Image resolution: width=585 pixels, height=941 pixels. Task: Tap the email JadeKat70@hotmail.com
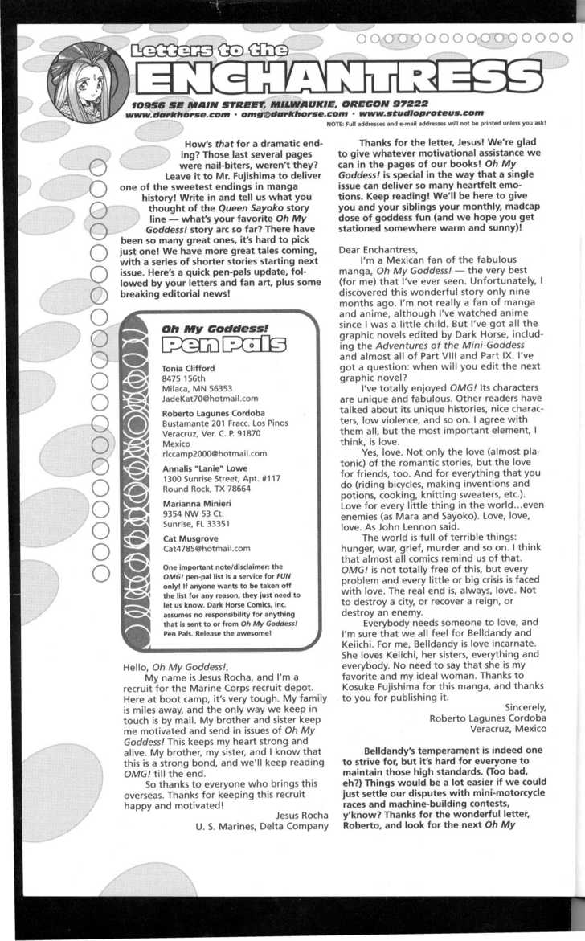click(x=210, y=398)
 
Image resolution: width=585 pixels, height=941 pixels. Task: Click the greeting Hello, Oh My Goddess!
click(x=176, y=667)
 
